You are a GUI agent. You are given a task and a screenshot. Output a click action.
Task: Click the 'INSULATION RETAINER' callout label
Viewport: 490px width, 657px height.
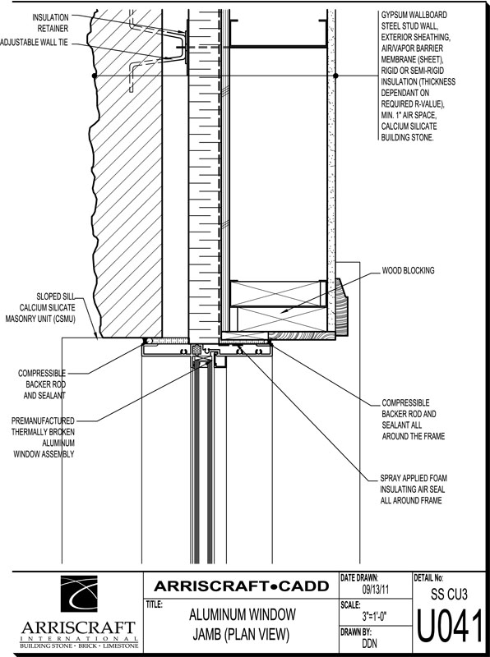coord(50,23)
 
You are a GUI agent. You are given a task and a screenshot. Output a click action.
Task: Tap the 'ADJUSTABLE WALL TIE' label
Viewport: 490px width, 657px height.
coord(34,43)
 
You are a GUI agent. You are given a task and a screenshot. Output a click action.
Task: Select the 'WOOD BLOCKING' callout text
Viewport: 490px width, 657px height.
coord(408,271)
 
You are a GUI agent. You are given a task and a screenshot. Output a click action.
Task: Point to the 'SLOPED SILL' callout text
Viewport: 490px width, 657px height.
coord(56,296)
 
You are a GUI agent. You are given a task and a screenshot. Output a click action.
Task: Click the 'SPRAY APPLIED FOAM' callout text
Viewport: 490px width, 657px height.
coord(414,478)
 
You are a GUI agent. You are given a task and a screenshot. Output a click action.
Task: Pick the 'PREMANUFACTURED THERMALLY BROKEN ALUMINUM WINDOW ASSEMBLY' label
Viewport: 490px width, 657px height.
coord(43,438)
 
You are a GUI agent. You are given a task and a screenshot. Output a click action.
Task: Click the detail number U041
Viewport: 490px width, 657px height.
coord(449,627)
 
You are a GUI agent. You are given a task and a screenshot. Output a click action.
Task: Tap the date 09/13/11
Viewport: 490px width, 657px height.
coord(375,590)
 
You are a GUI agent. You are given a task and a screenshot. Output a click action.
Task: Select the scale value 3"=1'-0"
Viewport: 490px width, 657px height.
coord(374,617)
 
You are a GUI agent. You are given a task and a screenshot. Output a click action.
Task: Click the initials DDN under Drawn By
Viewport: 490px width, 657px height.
coord(371,643)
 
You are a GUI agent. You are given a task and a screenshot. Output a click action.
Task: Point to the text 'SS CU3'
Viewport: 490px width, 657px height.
coord(449,594)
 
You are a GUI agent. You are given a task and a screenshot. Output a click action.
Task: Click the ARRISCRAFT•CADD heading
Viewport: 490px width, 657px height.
coord(241,586)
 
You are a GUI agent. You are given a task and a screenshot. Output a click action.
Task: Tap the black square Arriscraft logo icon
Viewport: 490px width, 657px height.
coord(79,594)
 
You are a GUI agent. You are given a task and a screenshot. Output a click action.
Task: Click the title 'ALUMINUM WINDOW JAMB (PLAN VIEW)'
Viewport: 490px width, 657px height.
coord(242,625)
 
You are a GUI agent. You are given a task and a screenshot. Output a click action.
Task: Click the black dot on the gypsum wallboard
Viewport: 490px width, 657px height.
coord(335,76)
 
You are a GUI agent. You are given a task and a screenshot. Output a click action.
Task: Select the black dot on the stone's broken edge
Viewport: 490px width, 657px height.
coord(95,76)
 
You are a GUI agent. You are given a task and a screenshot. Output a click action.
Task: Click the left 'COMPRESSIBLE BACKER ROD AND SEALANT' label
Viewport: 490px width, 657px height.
coord(42,384)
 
